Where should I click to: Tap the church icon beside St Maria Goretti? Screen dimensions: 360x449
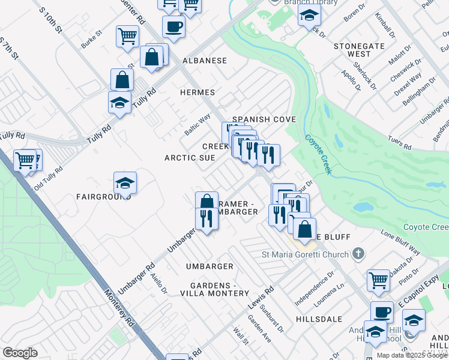358,254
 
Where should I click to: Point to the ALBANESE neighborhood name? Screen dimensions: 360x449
205,61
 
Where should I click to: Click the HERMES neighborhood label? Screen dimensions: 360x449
197,92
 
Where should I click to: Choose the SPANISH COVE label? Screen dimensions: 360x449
264,120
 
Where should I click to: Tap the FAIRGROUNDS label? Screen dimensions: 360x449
100,197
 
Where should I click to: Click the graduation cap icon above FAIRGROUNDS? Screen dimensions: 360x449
125,182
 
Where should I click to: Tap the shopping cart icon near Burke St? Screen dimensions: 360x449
128,37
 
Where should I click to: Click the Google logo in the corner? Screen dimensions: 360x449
20,353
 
